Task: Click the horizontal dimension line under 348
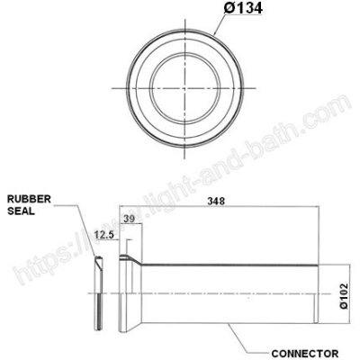216,209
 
